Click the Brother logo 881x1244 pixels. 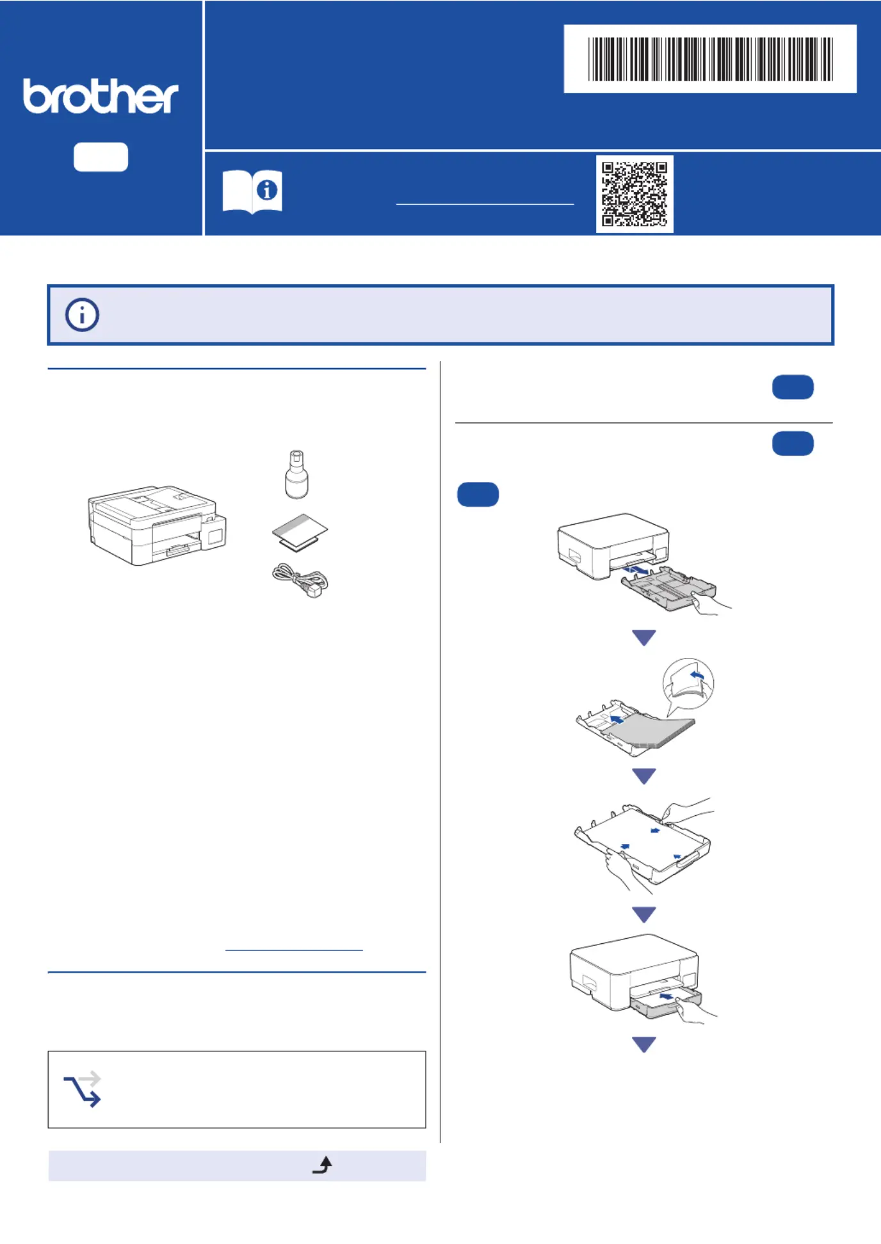click(101, 97)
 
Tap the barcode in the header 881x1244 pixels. click(710, 59)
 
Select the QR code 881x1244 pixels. click(634, 194)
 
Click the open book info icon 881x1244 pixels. click(252, 191)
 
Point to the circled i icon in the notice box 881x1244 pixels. click(82, 315)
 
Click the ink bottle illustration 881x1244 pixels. click(296, 474)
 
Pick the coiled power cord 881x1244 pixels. click(300, 580)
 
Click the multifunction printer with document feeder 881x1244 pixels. click(157, 525)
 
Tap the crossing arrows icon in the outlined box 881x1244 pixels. click(83, 1088)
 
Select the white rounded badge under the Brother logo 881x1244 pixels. click(101, 157)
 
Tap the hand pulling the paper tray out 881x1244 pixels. click(711, 604)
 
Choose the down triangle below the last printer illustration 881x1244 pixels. click(644, 1044)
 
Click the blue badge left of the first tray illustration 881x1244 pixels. click(478, 495)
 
